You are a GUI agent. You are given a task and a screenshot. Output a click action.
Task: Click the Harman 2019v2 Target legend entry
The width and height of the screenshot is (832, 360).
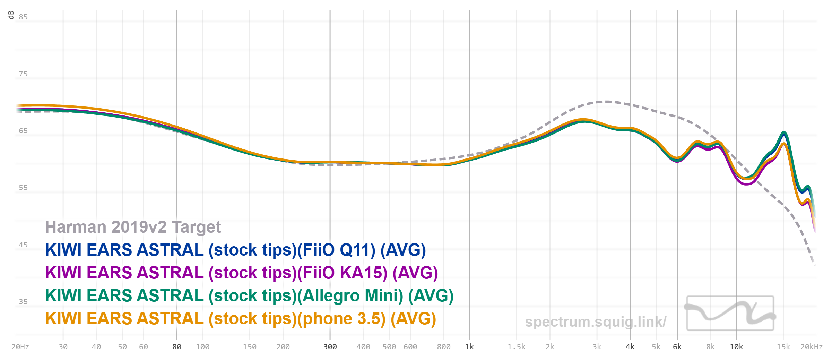pos(133,227)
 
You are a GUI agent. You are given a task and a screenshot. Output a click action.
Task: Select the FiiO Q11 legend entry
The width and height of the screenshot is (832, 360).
pos(235,250)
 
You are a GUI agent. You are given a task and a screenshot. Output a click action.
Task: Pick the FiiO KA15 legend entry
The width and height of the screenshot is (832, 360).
pos(241,273)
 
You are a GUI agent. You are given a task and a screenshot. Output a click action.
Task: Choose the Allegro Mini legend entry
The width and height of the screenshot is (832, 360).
pos(249,296)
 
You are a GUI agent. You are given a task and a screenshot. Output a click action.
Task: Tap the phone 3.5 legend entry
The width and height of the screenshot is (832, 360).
pos(241,319)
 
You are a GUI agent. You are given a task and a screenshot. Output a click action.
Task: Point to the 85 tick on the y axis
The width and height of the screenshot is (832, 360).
pos(23,17)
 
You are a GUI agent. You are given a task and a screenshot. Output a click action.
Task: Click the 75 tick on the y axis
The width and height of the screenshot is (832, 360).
pos(23,74)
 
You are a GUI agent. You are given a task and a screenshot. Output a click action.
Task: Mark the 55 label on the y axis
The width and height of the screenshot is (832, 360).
pos(23,188)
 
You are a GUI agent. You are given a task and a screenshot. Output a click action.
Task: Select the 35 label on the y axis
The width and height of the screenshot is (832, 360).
pos(23,302)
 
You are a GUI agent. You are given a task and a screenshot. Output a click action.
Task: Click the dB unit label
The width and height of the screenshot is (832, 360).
pos(11,15)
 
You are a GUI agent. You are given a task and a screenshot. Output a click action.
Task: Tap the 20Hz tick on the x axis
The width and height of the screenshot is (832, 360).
pos(20,347)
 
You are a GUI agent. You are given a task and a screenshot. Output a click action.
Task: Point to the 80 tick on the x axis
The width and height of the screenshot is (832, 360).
pos(177,347)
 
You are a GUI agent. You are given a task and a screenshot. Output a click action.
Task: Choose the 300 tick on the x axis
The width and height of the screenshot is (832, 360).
pos(330,347)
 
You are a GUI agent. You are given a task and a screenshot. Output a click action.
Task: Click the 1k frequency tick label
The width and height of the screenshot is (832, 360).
pos(469,347)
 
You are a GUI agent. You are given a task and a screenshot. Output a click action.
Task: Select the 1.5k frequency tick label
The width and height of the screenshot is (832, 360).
pos(517,347)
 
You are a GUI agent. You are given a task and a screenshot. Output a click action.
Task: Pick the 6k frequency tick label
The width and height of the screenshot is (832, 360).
pos(677,347)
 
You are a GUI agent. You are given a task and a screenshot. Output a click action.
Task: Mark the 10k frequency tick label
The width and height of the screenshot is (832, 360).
pos(736,347)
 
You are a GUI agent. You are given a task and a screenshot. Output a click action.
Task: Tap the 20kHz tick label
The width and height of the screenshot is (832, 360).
pos(811,347)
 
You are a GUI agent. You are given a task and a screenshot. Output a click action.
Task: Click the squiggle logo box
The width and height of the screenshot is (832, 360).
pos(730,313)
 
